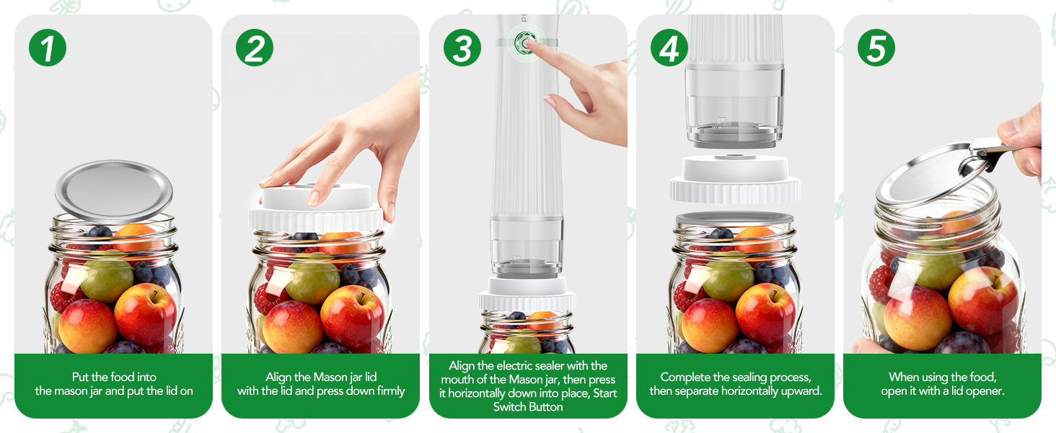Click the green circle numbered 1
pos(48,48)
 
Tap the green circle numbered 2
pos(255,48)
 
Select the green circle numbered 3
pos(462,48)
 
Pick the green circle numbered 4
pos(669,48)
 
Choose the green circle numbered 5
pos(876,48)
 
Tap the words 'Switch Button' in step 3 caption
pos(528,407)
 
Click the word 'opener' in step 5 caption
pos(982,391)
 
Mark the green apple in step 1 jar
pos(106,276)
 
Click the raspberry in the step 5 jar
pos(882,284)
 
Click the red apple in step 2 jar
pos(352,315)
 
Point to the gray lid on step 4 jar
pos(735,218)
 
